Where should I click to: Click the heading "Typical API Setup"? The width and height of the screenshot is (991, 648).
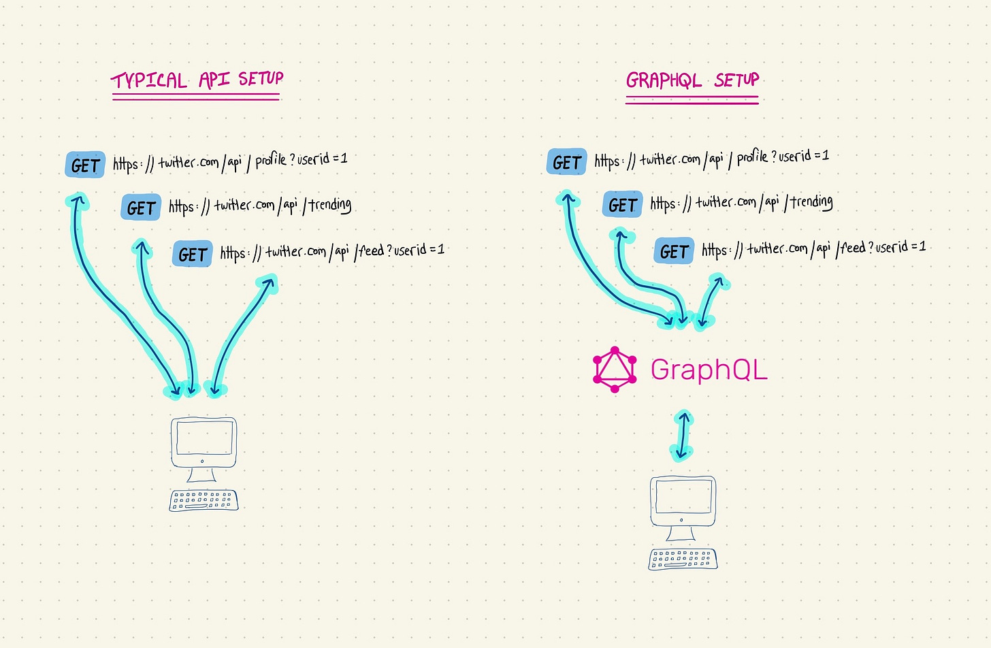[197, 80]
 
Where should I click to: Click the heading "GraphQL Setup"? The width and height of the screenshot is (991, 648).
[692, 80]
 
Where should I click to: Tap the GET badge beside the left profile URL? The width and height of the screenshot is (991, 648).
[85, 165]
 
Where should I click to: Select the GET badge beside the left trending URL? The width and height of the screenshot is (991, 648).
[141, 208]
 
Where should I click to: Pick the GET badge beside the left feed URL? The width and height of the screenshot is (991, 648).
[193, 254]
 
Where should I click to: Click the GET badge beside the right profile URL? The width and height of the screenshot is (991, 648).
[566, 163]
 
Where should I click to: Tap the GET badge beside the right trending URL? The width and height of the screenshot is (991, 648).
[622, 205]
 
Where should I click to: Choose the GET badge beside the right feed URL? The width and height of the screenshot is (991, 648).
[674, 251]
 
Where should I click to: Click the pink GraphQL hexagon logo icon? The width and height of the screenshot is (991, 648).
[615, 370]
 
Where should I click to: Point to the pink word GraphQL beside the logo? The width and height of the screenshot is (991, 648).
[709, 370]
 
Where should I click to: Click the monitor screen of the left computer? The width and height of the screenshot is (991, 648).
[204, 438]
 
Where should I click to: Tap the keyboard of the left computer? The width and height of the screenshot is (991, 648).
[204, 500]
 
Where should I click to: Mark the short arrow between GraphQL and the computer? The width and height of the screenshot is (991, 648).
[683, 435]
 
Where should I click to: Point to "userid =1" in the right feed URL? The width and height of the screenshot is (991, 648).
[900, 246]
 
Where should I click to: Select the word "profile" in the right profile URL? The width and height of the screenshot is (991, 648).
[752, 157]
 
